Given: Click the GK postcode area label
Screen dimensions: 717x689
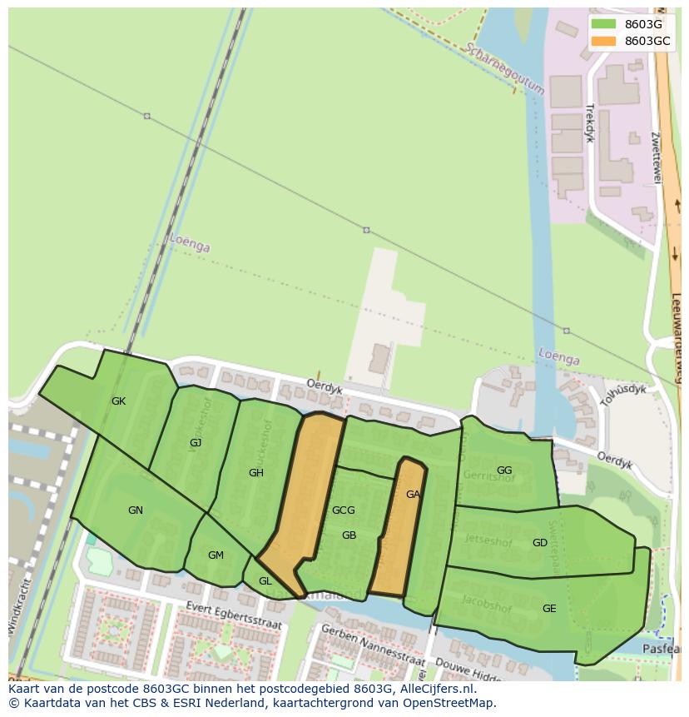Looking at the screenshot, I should (119, 401).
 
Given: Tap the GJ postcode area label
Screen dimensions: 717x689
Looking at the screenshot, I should (196, 443).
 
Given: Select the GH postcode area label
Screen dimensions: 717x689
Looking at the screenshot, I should (256, 473).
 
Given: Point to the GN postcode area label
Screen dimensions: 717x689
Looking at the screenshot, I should (136, 510).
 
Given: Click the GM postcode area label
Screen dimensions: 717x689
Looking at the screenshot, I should (216, 555).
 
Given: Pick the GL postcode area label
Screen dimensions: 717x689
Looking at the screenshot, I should (265, 581).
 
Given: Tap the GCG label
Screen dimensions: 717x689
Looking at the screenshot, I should (343, 510).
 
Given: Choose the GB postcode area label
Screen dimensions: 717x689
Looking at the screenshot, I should (349, 535).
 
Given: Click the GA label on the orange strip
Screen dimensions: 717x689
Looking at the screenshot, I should (413, 495).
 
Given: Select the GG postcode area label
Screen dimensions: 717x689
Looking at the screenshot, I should (504, 471).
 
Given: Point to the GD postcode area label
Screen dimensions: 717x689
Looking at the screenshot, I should (540, 543).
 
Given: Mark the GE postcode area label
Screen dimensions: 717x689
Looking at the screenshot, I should (549, 609).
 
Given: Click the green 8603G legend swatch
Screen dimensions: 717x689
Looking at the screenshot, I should (603, 24).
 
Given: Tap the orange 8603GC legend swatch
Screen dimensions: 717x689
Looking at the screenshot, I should (603, 41).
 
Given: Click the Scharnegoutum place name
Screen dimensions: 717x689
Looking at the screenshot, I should (506, 68).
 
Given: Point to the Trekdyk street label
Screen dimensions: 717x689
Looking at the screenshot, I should (590, 123).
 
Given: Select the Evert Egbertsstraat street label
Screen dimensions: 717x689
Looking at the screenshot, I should (235, 615).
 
